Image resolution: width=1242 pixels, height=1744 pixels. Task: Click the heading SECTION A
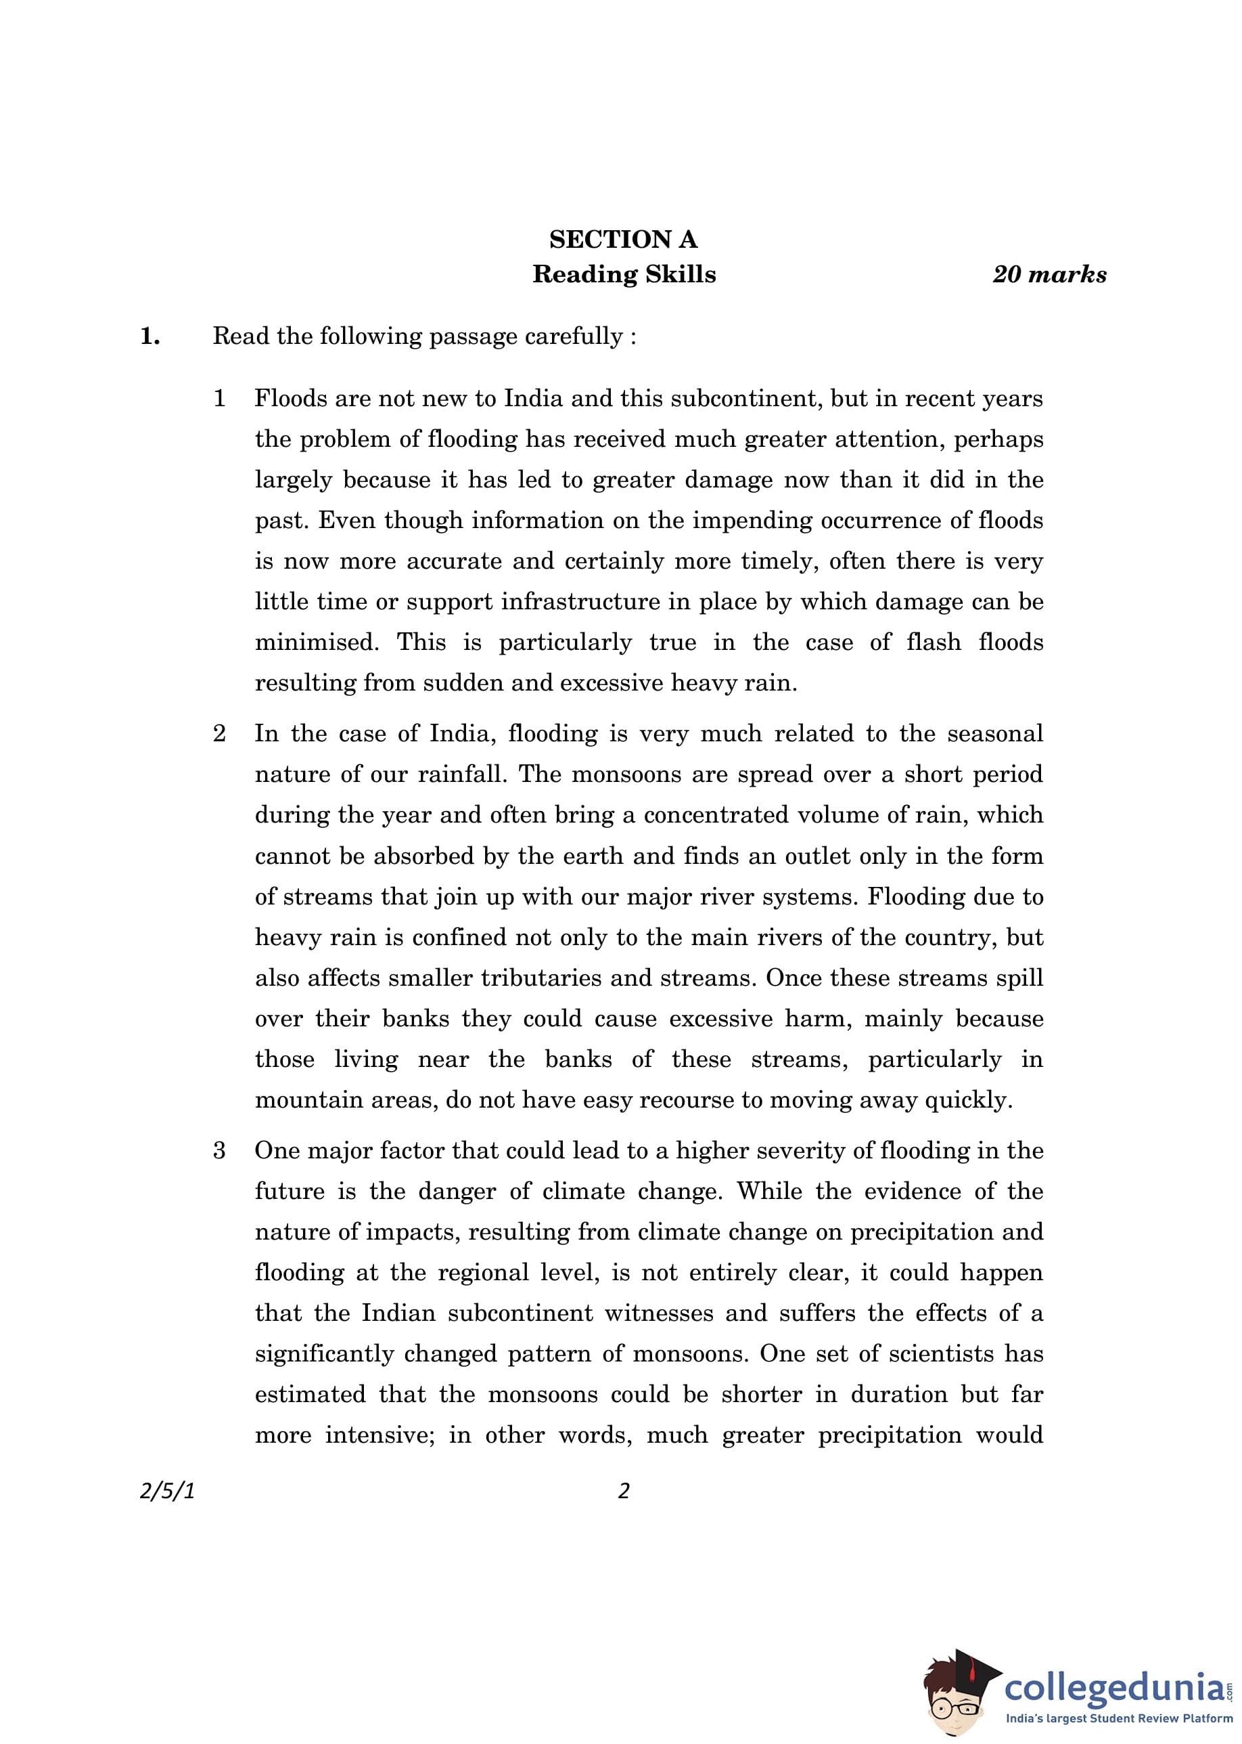click(x=623, y=240)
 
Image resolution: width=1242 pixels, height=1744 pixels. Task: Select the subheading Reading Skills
click(x=624, y=274)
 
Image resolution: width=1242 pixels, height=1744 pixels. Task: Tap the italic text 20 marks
click(x=1049, y=274)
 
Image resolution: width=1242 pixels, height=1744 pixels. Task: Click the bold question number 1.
click(x=150, y=336)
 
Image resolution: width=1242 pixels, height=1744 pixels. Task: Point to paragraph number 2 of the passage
click(x=219, y=733)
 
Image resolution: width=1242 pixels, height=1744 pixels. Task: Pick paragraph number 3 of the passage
click(x=219, y=1150)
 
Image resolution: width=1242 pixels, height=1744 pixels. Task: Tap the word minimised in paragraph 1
click(x=316, y=642)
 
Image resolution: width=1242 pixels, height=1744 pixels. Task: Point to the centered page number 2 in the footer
click(x=623, y=1491)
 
